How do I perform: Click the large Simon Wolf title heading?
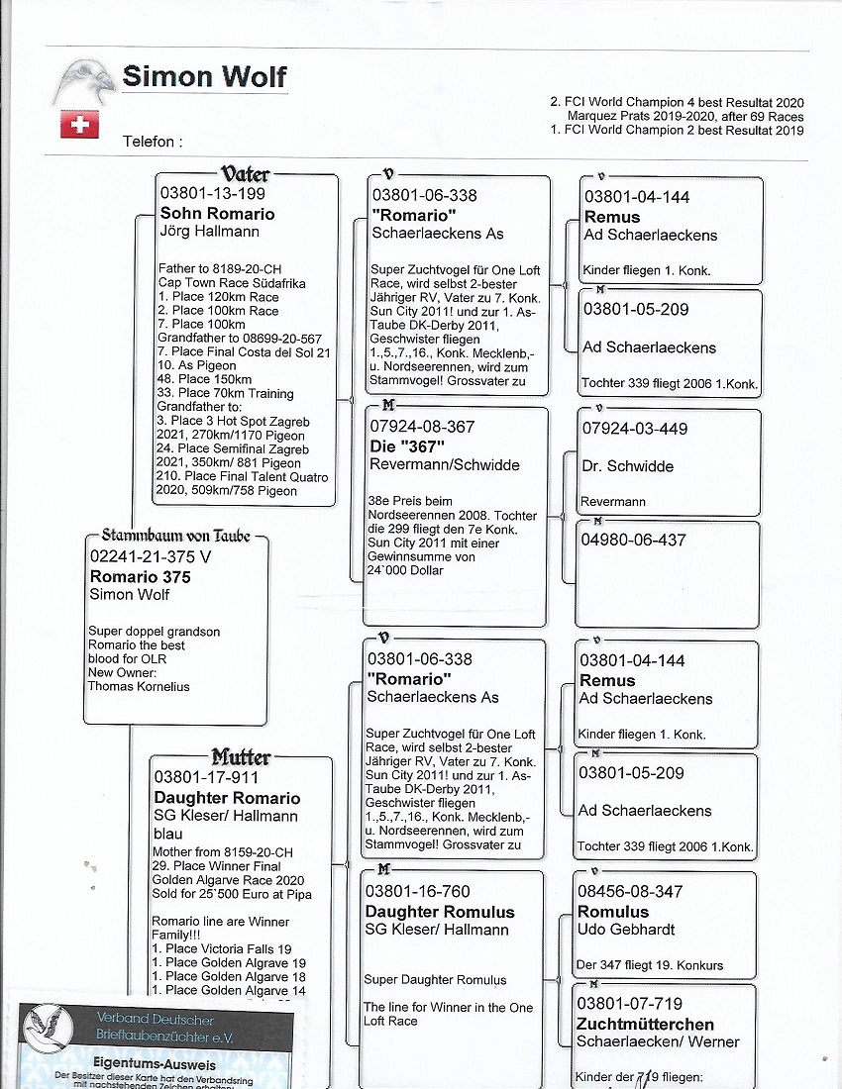[204, 76]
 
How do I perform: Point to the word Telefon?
[152, 142]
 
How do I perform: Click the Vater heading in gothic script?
[246, 174]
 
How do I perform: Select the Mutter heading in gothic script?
[241, 757]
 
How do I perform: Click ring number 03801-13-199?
[212, 194]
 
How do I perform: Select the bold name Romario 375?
[140, 576]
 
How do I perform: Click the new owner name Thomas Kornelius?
[138, 686]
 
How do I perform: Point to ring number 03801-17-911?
[205, 779]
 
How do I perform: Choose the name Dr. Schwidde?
[628, 465]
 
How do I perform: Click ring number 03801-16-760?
[418, 892]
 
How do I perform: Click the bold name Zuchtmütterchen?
[645, 1024]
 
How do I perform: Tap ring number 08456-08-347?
[630, 892]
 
